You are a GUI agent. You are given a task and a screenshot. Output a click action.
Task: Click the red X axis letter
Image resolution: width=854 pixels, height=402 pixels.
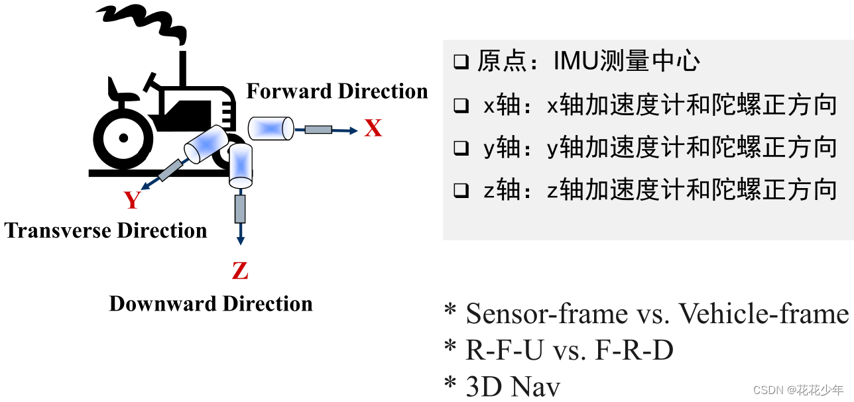click(x=373, y=129)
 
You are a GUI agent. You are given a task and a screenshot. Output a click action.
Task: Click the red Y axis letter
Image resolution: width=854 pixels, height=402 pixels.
click(x=133, y=200)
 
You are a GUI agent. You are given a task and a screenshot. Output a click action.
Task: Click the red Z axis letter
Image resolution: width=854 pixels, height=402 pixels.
click(x=239, y=271)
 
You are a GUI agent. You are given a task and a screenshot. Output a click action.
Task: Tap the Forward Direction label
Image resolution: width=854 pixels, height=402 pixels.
click(x=337, y=91)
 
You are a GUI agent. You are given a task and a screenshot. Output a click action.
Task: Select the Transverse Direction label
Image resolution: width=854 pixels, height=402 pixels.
click(x=105, y=230)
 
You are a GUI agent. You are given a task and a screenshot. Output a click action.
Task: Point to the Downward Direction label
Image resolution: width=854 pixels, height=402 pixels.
click(x=211, y=304)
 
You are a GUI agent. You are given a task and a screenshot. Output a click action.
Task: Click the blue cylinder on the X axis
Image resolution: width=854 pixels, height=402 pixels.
click(x=271, y=128)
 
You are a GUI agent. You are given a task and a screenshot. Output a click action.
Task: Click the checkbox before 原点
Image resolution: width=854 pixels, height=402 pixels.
click(x=461, y=63)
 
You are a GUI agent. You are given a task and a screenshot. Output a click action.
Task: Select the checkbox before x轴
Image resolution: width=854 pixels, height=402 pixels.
click(x=461, y=106)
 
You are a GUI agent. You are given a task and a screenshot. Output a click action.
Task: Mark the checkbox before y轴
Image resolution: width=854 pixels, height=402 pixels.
click(x=461, y=148)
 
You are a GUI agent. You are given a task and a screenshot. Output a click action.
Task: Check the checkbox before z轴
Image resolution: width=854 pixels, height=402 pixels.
click(x=461, y=191)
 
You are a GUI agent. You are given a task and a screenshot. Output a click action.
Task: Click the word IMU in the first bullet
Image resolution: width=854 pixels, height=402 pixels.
click(x=575, y=62)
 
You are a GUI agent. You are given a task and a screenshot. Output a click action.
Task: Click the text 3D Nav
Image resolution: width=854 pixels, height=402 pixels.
click(x=513, y=387)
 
